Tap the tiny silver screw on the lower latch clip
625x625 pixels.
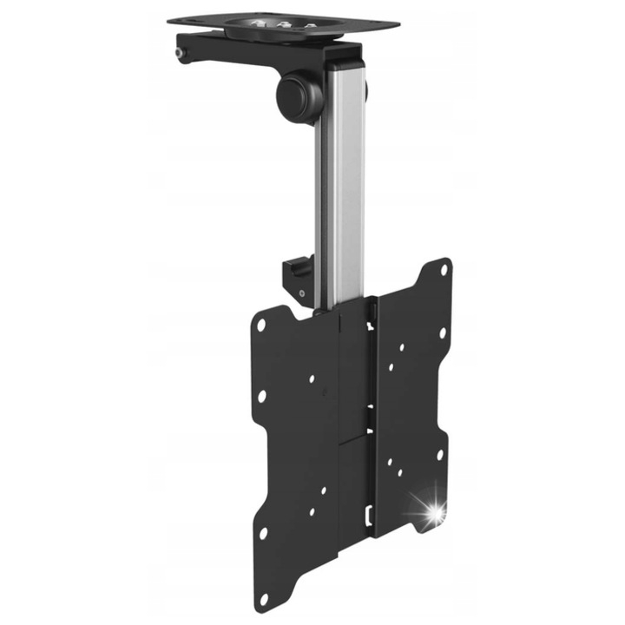click(300, 293)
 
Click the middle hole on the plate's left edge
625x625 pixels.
click(260, 396)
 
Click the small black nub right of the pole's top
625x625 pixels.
click(366, 89)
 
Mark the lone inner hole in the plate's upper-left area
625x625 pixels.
click(311, 379)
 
